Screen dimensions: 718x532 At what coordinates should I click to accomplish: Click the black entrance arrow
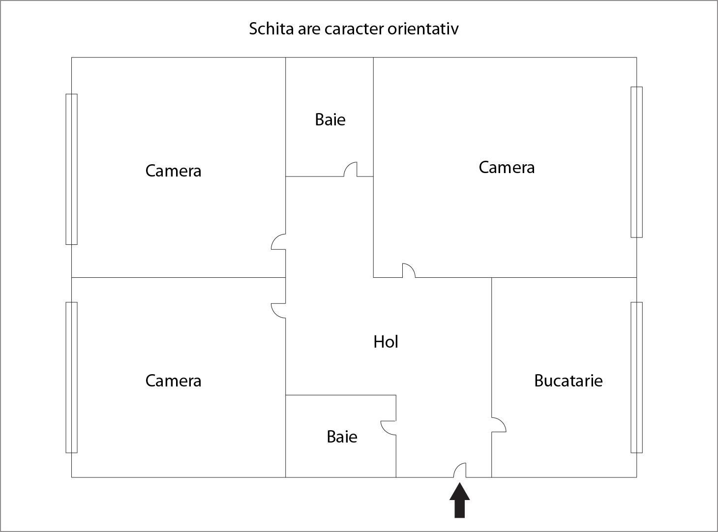459,500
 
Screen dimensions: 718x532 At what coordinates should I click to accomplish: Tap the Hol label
386,342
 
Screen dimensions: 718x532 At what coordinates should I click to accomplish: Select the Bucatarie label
568,381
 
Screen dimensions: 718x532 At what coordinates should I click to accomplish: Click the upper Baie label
330,119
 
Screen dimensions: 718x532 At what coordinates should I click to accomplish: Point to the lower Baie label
342,437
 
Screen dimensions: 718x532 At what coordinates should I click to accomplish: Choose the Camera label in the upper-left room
173,171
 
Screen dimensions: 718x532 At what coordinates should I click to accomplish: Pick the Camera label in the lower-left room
173,381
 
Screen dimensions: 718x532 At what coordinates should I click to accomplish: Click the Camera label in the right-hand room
507,167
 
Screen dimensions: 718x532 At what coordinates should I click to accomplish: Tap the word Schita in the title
271,29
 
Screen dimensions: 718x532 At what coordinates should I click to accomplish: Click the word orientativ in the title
423,29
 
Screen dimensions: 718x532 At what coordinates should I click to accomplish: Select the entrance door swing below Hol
460,470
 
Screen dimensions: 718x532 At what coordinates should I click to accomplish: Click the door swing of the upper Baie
350,169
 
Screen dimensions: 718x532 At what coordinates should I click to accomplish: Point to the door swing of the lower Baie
389,428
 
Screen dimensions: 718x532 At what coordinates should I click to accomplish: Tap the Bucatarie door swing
499,424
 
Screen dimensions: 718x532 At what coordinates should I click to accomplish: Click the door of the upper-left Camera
278,241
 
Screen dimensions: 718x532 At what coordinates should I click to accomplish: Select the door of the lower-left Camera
278,311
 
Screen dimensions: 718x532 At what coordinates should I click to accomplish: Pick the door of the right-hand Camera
409,270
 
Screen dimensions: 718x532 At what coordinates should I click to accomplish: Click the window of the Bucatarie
636,377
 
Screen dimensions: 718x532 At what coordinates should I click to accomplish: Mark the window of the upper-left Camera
71,169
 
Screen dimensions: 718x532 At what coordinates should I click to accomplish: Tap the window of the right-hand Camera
636,162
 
